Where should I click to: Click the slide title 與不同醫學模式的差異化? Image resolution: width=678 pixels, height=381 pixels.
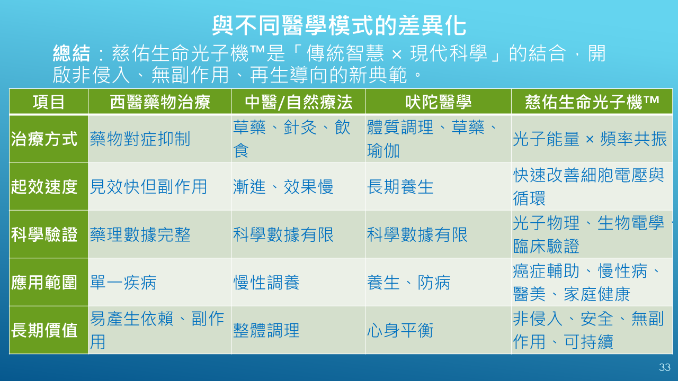339,26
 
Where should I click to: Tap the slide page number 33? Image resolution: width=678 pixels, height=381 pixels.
665,367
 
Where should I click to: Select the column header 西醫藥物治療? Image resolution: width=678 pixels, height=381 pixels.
160,102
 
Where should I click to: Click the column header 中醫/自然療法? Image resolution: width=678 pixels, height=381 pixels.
298,102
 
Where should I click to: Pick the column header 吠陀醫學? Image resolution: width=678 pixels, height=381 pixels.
438,102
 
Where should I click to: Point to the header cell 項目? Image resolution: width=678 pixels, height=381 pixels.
49,102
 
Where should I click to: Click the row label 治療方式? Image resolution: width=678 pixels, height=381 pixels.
44,139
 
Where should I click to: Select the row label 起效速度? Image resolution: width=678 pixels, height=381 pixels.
44,187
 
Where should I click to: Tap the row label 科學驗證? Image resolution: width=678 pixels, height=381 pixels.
44,234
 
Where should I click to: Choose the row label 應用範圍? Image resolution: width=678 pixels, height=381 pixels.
44,283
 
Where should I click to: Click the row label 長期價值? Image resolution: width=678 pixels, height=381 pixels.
44,330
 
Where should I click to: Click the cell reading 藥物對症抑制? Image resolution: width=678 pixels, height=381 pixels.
140,139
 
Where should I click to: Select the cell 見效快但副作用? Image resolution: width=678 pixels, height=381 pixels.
149,187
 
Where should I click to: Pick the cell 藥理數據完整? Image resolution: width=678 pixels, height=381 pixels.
140,234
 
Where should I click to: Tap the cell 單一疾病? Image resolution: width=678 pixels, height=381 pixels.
123,283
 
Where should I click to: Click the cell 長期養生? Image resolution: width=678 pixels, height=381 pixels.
400,187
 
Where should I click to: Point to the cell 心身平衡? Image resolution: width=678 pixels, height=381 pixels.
400,330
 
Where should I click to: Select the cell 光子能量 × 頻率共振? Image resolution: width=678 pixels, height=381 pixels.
590,139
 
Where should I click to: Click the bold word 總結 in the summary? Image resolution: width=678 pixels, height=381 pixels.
72,53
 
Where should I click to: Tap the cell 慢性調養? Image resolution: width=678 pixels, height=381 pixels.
266,283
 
